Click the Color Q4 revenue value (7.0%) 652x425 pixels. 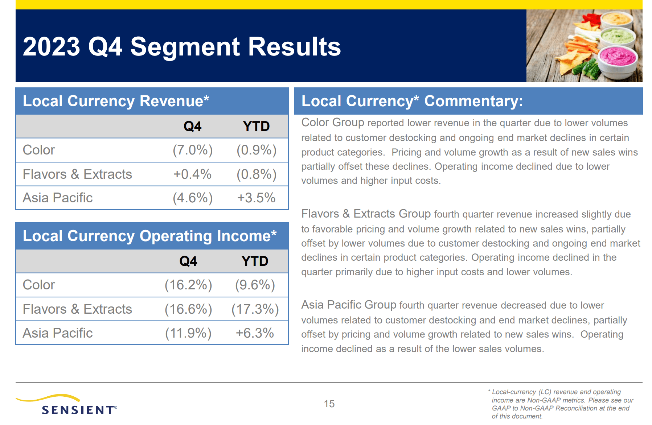[x=192, y=150]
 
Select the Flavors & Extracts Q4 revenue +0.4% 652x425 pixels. [x=192, y=174]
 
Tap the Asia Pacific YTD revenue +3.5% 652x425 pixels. [x=256, y=198]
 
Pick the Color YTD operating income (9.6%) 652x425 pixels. [x=255, y=285]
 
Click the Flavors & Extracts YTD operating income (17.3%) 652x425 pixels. [x=255, y=309]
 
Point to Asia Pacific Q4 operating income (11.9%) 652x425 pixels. [x=188, y=333]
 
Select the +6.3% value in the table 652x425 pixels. [x=255, y=333]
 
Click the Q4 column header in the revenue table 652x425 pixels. [x=192, y=127]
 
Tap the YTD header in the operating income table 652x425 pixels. [x=255, y=261]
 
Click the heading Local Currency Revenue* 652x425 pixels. [x=116, y=101]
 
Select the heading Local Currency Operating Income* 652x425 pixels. [x=149, y=236]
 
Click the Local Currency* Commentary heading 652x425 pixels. [x=412, y=101]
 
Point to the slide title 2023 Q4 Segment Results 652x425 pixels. [x=181, y=47]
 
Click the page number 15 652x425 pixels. [x=329, y=404]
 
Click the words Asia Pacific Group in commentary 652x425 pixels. [x=348, y=305]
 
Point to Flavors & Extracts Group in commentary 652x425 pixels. [x=366, y=214]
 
